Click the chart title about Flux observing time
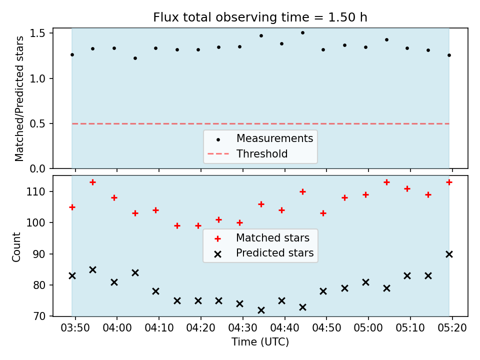click(x=260, y=17)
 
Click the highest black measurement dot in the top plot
click(x=302, y=33)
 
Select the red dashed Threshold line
click(x=260, y=123)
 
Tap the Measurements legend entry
click(x=260, y=138)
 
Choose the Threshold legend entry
click(x=247, y=153)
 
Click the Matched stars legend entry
click(x=261, y=238)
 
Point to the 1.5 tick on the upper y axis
click(x=37, y=33)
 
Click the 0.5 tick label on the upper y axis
click(x=37, y=123)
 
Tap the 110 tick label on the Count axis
click(x=35, y=191)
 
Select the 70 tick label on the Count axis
click(x=39, y=316)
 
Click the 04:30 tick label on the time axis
click(x=243, y=328)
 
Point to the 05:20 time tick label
click(x=452, y=328)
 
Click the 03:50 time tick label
click(x=75, y=328)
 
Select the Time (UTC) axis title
click(x=260, y=341)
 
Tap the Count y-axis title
click(x=16, y=247)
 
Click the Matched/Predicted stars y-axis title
click(x=19, y=98)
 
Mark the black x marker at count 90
click(x=449, y=254)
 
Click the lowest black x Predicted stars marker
click(x=261, y=310)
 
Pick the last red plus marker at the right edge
click(x=449, y=182)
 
